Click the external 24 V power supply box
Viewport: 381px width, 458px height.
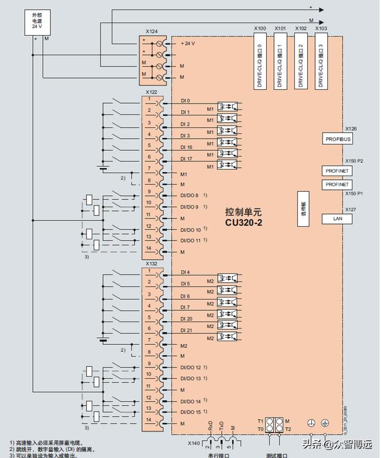click(38, 22)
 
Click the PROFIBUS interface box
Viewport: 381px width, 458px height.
click(338, 139)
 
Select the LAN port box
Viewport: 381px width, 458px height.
click(337, 219)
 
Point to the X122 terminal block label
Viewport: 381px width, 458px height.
click(152, 92)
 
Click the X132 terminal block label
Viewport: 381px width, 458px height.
click(152, 263)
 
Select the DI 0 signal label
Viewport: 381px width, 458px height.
click(185, 101)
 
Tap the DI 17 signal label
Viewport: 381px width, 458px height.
click(186, 158)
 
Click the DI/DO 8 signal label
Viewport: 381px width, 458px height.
click(190, 195)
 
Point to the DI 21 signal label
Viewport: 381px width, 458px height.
click(186, 330)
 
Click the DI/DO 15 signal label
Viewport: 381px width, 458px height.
click(190, 412)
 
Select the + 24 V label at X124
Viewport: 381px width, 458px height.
click(188, 43)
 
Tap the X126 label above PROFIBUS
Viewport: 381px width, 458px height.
click(351, 129)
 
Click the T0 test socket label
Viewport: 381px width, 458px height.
click(260, 428)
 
